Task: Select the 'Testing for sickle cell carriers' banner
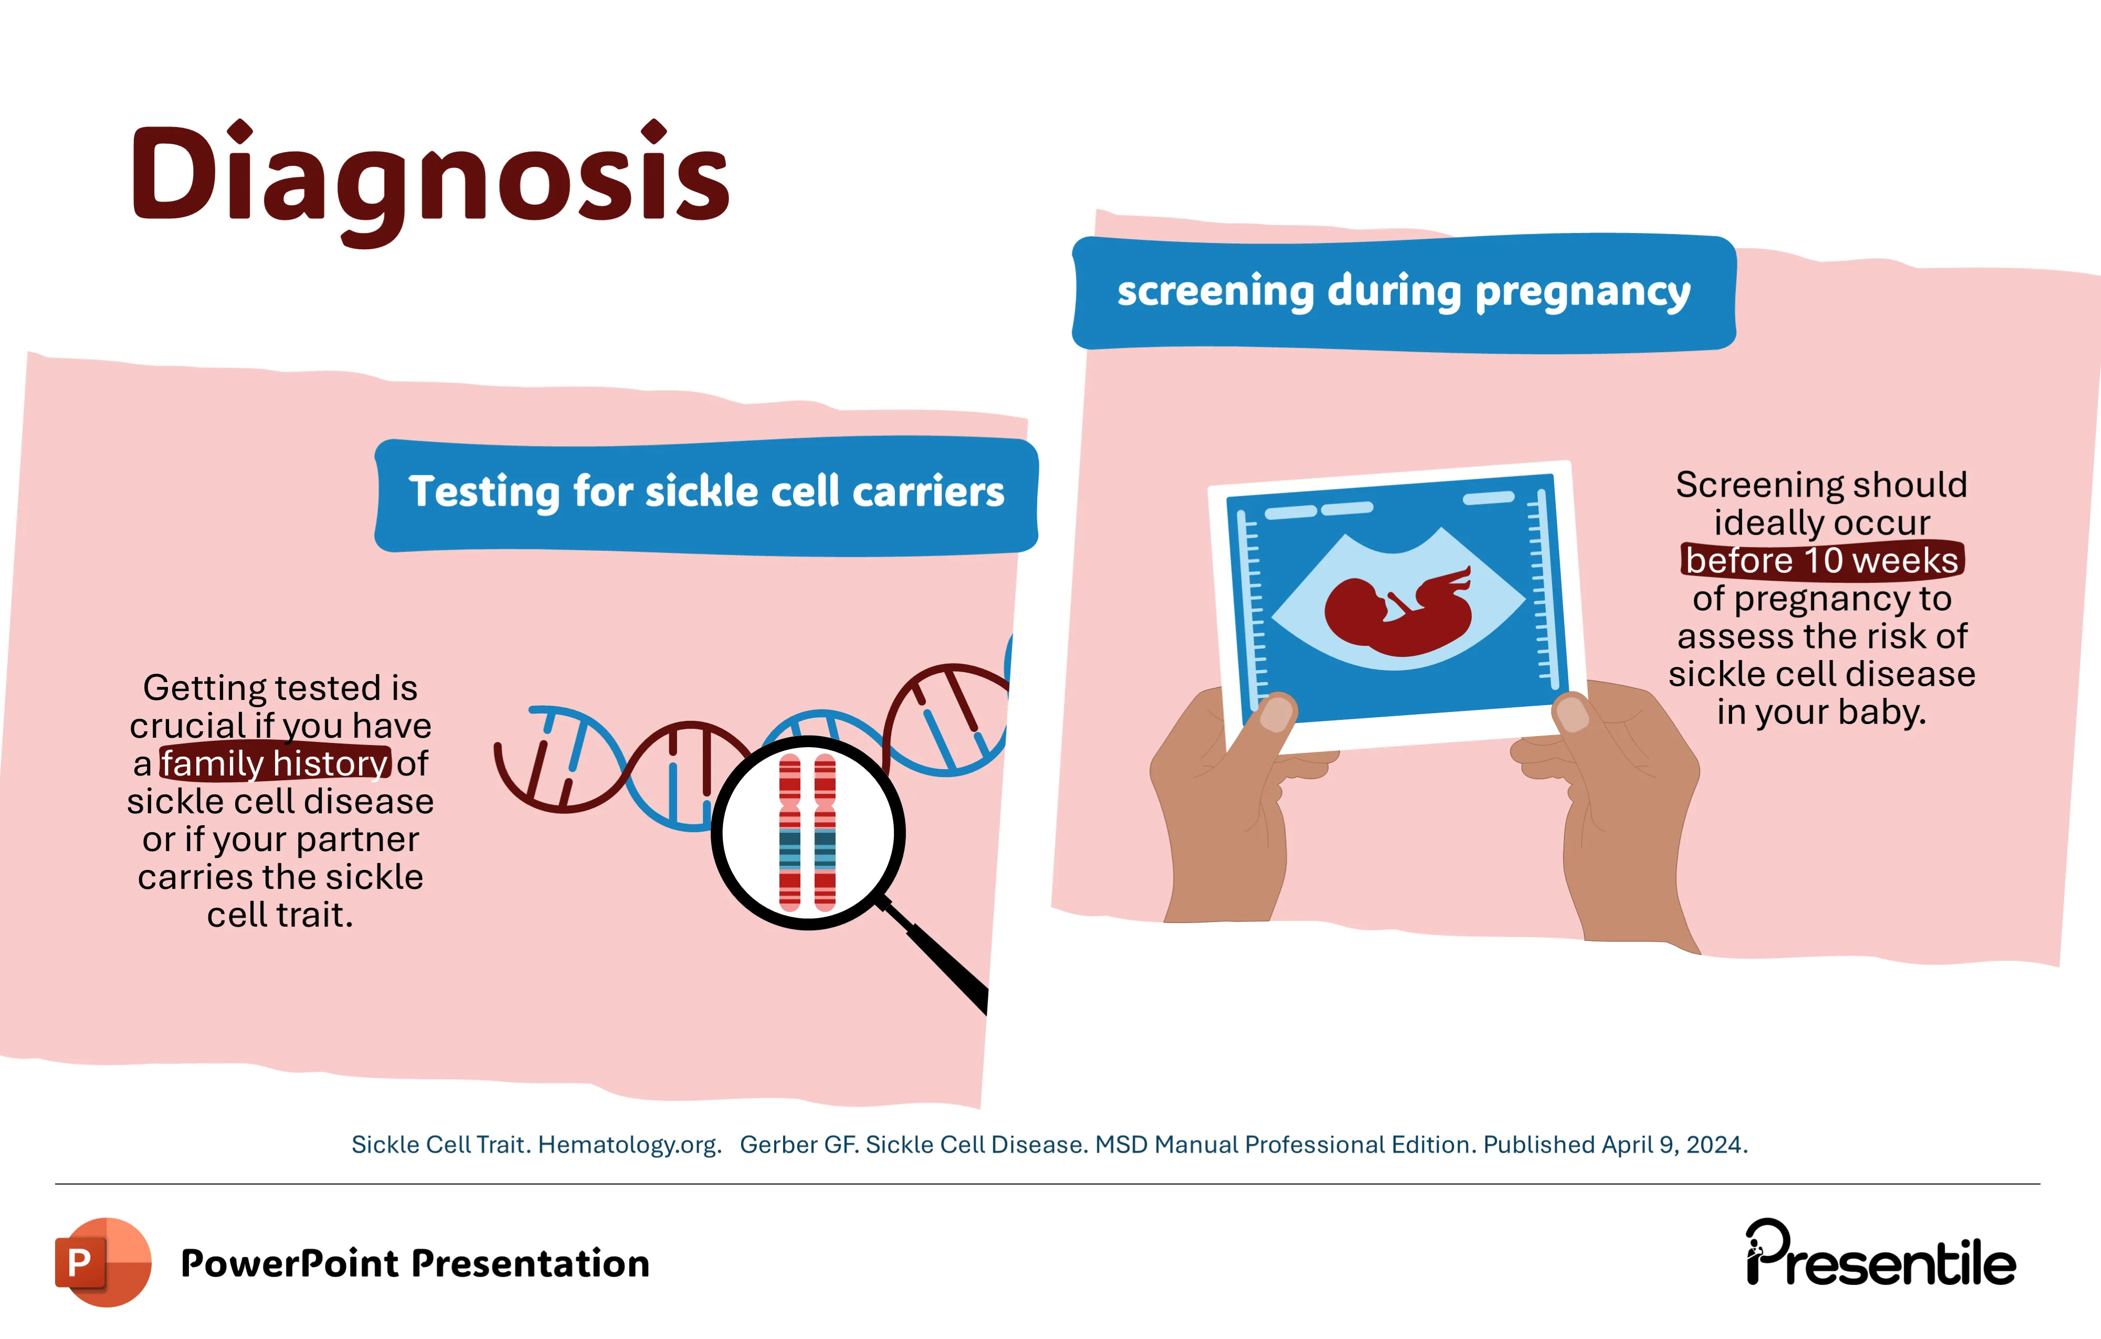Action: coord(706,495)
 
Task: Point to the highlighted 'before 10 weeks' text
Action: coord(1822,560)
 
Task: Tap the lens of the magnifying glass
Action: coord(808,833)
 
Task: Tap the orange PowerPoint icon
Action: coord(103,1262)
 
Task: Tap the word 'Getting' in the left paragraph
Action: coord(207,688)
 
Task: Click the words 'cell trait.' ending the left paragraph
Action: coord(280,915)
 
